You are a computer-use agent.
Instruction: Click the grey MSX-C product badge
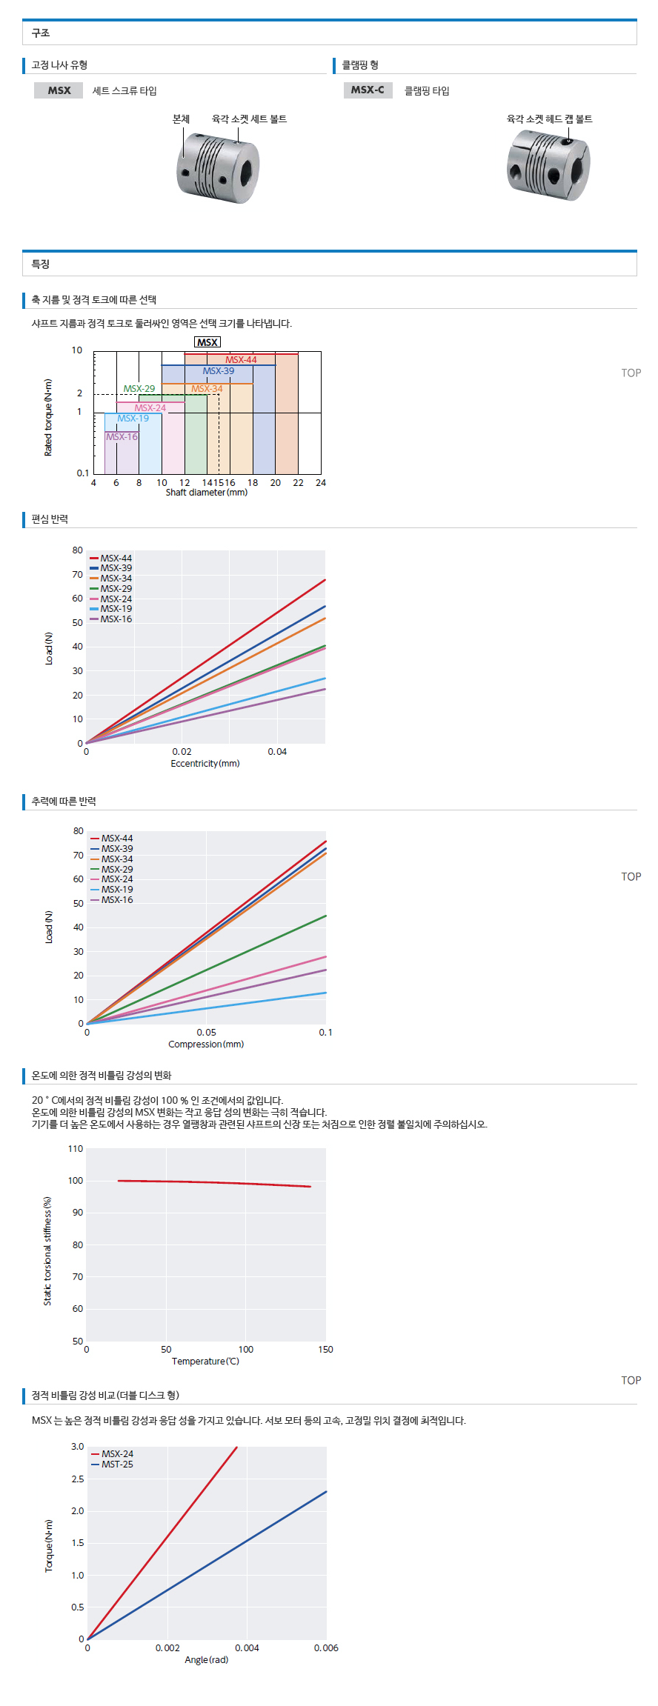[x=368, y=90]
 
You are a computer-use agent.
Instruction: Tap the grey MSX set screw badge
[x=59, y=90]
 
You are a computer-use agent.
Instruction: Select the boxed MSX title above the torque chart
[x=207, y=342]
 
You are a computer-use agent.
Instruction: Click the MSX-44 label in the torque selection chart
[x=241, y=360]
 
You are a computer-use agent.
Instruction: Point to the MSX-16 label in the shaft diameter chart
[x=122, y=437]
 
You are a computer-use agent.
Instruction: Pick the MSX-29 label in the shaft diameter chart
[x=139, y=389]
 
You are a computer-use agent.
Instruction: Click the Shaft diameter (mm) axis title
[x=206, y=493]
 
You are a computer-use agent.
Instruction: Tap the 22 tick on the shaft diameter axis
[x=298, y=483]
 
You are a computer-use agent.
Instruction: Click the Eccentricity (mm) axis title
[x=205, y=764]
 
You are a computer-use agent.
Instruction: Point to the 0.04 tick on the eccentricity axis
[x=277, y=752]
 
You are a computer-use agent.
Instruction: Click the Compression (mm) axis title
[x=206, y=1044]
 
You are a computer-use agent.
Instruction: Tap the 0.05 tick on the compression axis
[x=207, y=1033]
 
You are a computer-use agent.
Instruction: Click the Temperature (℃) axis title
[x=206, y=1362]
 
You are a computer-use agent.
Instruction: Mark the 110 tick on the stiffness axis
[x=76, y=1149]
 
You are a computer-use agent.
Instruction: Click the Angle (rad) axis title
[x=207, y=1660]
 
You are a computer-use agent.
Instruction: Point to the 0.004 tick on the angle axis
[x=247, y=1648]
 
